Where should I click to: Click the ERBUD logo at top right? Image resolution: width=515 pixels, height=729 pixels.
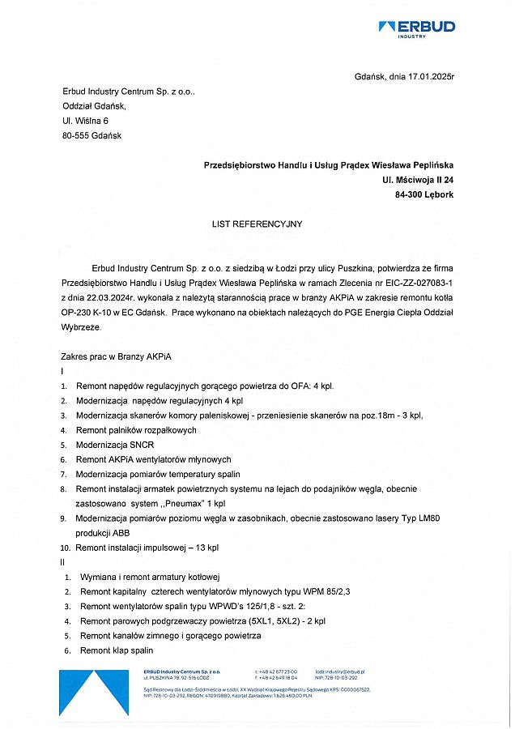click(417, 28)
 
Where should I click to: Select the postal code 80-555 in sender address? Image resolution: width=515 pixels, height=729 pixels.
click(78, 135)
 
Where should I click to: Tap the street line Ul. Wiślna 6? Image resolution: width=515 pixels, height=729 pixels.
click(85, 121)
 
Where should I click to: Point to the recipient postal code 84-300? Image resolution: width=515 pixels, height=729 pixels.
click(408, 195)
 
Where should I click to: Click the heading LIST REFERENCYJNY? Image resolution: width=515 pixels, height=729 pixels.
click(257, 223)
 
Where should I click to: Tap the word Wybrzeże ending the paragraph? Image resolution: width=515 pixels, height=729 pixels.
click(81, 326)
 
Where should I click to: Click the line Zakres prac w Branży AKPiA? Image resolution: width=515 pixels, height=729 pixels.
click(117, 356)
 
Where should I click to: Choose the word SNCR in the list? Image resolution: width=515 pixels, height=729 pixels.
click(138, 445)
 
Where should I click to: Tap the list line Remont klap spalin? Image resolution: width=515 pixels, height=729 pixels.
click(116, 650)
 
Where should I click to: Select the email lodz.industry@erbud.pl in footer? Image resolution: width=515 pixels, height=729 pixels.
click(340, 672)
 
